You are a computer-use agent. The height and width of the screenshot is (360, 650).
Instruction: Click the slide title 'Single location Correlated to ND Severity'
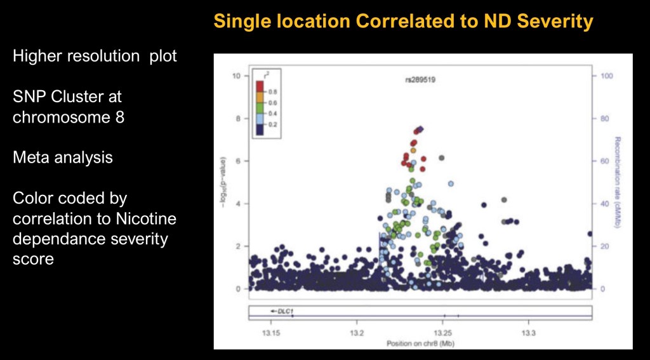403,21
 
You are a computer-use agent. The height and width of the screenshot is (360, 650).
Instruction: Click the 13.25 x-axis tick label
442,333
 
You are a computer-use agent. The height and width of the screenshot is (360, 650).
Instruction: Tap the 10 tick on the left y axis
237,76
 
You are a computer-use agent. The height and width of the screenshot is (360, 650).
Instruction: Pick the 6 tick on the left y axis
237,161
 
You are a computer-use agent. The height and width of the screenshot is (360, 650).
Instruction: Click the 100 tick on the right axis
608,76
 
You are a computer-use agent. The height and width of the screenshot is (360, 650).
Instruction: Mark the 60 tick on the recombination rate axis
606,161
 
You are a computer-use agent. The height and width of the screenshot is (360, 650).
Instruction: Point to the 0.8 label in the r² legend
272,91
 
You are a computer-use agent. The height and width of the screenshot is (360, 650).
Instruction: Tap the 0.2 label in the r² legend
272,124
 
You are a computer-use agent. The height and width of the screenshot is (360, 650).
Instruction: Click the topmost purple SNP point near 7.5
420,129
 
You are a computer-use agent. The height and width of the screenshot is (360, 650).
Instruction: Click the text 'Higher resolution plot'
95,56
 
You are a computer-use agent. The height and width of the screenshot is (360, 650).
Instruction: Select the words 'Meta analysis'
63,157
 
